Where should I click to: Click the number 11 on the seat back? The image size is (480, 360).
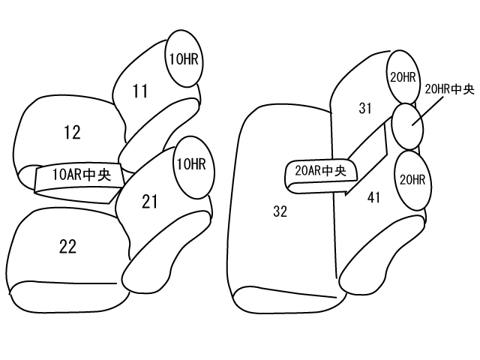[x=140, y=92]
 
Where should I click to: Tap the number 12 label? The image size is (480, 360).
[x=72, y=133]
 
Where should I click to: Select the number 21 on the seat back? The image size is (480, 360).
[x=150, y=200]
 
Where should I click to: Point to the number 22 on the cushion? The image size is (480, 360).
[x=67, y=246]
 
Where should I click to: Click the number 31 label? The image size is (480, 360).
[x=365, y=109]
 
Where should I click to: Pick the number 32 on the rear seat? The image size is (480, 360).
[x=280, y=212]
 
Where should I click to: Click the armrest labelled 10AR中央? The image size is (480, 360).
[x=75, y=177]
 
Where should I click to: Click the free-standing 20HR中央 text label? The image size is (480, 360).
[x=449, y=89]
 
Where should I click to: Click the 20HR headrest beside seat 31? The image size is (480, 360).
[x=402, y=77]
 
